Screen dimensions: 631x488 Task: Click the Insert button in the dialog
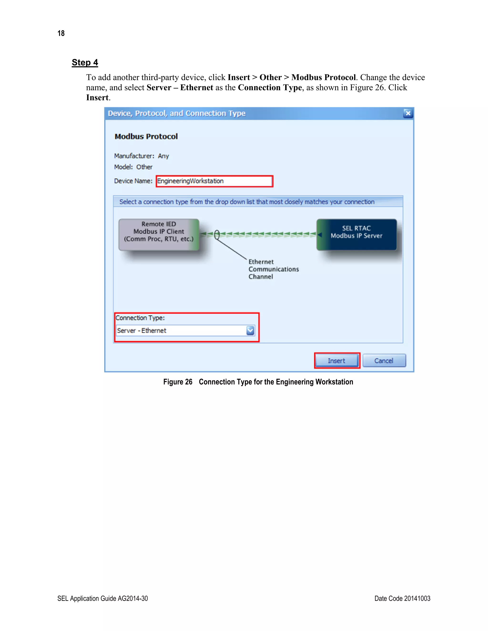(336, 361)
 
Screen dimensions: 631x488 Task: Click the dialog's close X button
(408, 113)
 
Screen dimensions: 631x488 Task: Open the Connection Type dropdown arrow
(250, 330)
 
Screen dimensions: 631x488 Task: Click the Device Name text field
(214, 181)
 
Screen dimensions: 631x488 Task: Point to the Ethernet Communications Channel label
(273, 269)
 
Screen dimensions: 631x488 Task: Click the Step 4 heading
(85, 63)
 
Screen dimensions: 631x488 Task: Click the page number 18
(61, 33)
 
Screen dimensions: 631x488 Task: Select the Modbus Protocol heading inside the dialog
(146, 136)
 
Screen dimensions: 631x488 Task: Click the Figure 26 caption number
(178, 382)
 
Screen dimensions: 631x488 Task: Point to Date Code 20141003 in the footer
(402, 598)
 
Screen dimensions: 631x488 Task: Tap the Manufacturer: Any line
(141, 156)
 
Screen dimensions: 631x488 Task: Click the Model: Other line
(133, 167)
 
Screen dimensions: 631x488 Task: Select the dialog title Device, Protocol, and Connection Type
(177, 113)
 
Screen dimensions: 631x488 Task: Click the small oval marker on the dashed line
(217, 235)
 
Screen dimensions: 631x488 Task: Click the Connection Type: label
(140, 318)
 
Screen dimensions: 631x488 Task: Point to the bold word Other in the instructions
(270, 77)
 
